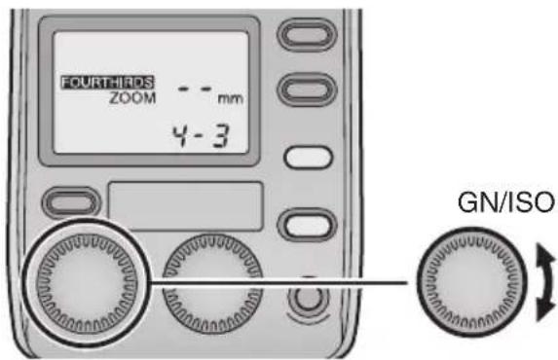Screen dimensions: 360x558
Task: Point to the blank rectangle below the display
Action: (185, 204)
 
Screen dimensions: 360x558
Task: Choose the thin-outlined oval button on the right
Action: (304, 157)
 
